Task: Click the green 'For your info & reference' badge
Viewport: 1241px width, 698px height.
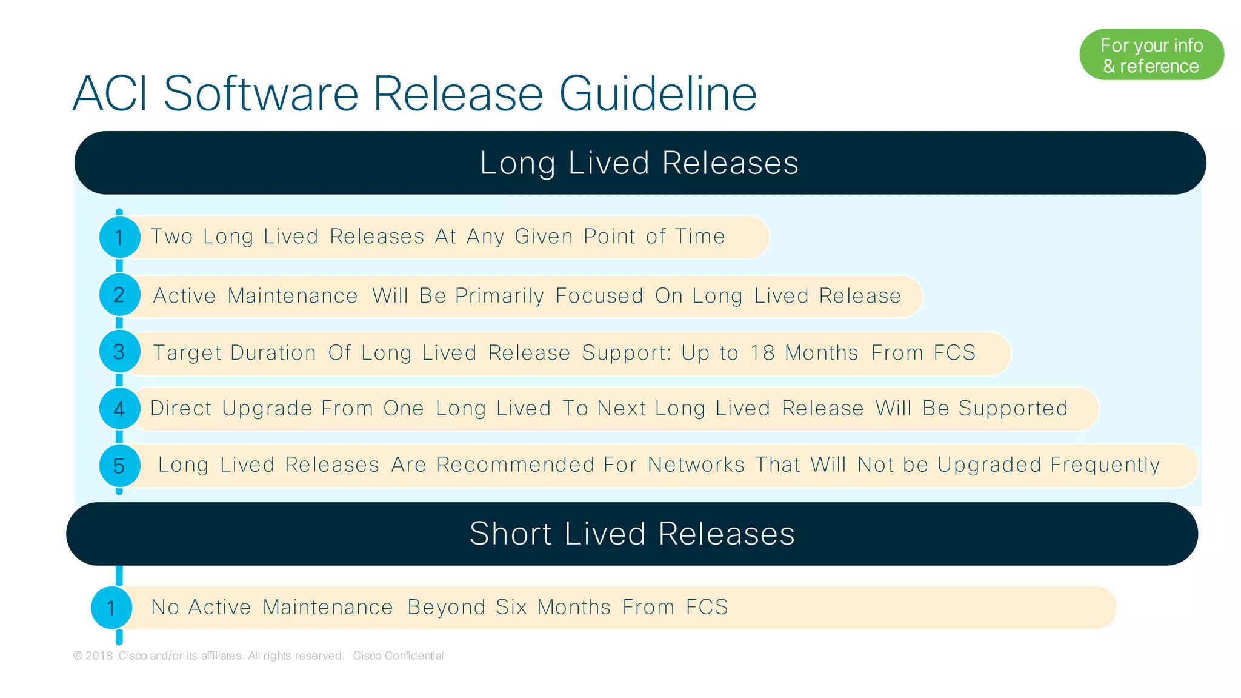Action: [x=1151, y=55]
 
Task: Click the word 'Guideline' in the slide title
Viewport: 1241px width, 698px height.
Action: [x=657, y=94]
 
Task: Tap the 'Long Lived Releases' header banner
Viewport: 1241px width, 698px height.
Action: [x=640, y=163]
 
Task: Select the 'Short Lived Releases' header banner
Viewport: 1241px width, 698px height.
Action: [x=632, y=534]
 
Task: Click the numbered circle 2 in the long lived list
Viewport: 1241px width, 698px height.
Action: [x=119, y=295]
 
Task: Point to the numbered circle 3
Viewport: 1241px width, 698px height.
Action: [x=119, y=352]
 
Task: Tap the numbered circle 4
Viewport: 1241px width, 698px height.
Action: [x=119, y=409]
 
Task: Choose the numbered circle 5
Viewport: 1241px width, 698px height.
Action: [x=119, y=466]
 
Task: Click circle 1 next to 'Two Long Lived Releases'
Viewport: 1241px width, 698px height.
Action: [x=119, y=237]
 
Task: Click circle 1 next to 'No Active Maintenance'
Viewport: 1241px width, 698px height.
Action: [x=111, y=608]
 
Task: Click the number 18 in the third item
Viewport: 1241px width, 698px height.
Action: [x=762, y=353]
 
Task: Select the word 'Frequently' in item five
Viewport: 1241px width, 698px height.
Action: [x=1105, y=465]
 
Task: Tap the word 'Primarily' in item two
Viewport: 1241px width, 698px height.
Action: [x=499, y=296]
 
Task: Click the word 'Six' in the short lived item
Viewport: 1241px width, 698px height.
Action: [x=511, y=607]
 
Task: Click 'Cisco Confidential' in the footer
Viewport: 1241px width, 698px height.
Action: [x=398, y=656]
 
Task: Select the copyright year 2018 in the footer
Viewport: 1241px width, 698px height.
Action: [x=99, y=656]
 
